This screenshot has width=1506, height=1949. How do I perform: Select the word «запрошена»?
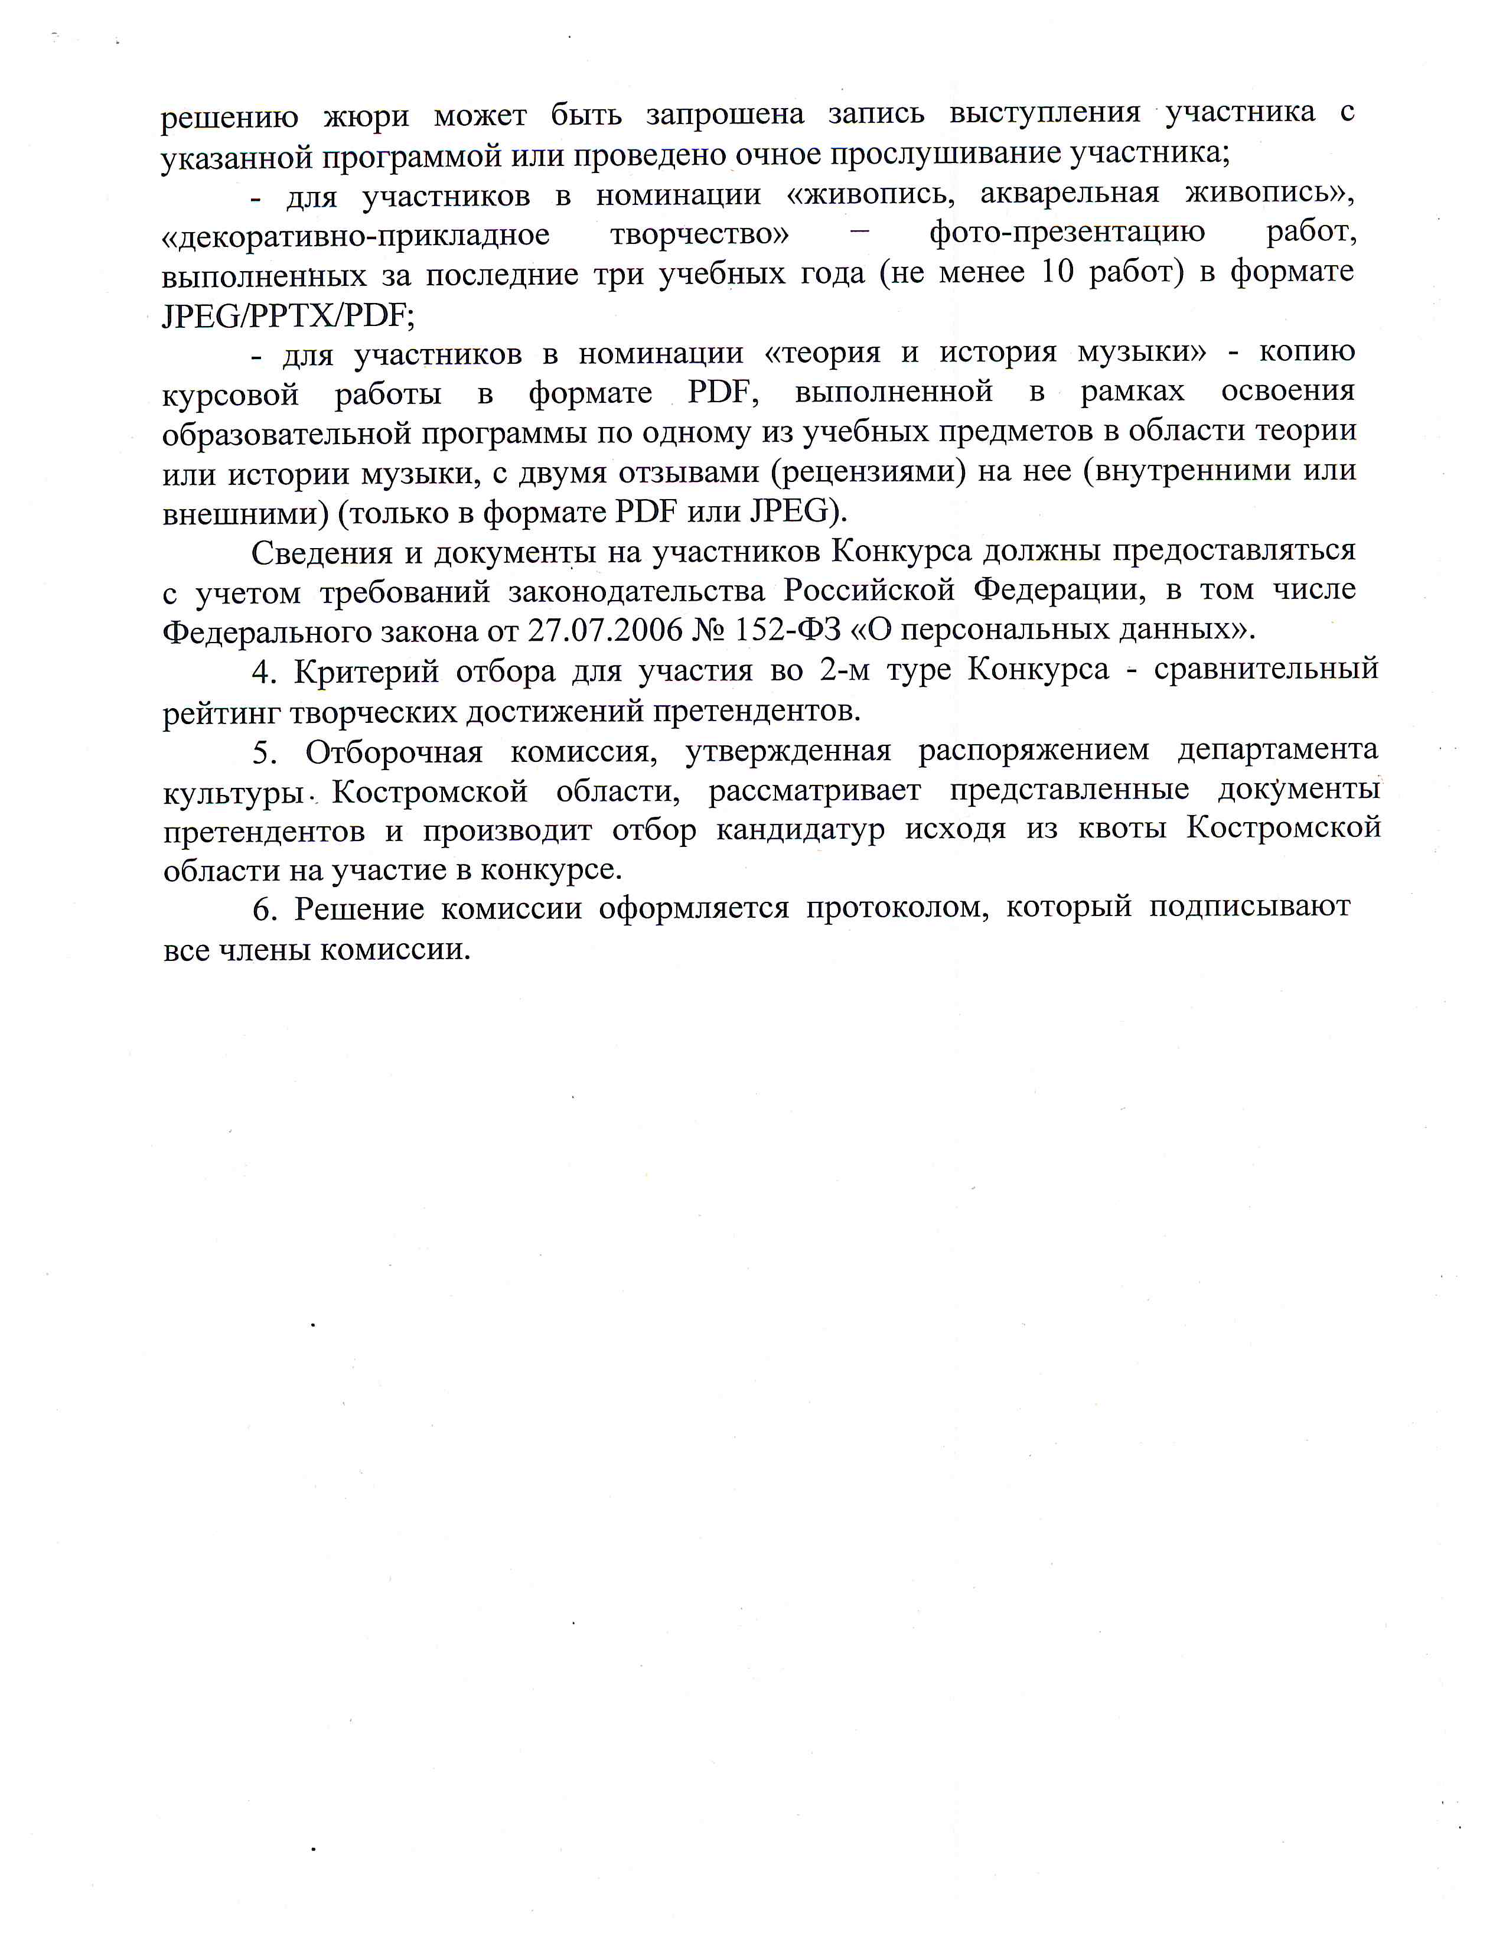[x=725, y=114]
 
